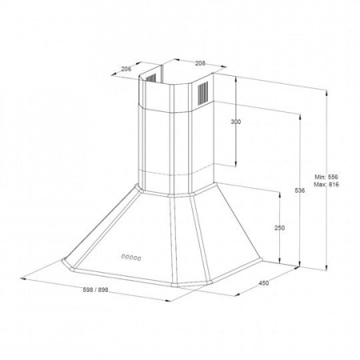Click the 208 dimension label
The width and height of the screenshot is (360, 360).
point(200,63)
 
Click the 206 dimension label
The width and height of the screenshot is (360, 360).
point(126,69)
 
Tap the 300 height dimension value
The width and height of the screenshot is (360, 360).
point(235,122)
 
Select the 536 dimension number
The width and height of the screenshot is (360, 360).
point(300,190)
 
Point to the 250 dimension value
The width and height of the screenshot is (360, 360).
point(279,228)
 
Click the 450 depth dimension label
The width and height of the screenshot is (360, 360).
point(264,283)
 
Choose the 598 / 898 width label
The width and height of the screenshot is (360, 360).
point(95,290)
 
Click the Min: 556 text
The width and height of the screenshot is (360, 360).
point(326,177)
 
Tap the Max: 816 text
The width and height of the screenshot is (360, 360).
point(326,184)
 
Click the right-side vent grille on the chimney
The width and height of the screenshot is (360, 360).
point(203,92)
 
